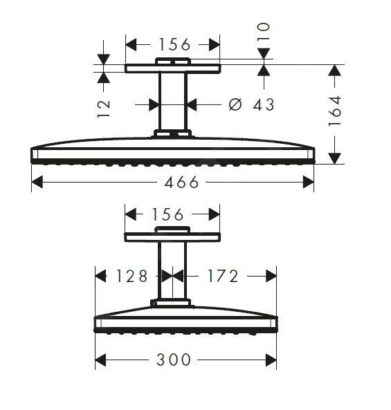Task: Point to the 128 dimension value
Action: [131, 277]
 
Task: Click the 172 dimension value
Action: [222, 277]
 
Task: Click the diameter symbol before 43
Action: [235, 104]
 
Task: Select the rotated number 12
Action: [104, 108]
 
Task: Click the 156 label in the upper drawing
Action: [174, 44]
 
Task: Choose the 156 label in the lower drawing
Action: [172, 213]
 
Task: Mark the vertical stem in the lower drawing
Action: [172, 270]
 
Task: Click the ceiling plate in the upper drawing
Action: [172, 68]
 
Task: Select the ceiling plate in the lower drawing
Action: [172, 237]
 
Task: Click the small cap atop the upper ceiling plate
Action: [172, 62]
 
